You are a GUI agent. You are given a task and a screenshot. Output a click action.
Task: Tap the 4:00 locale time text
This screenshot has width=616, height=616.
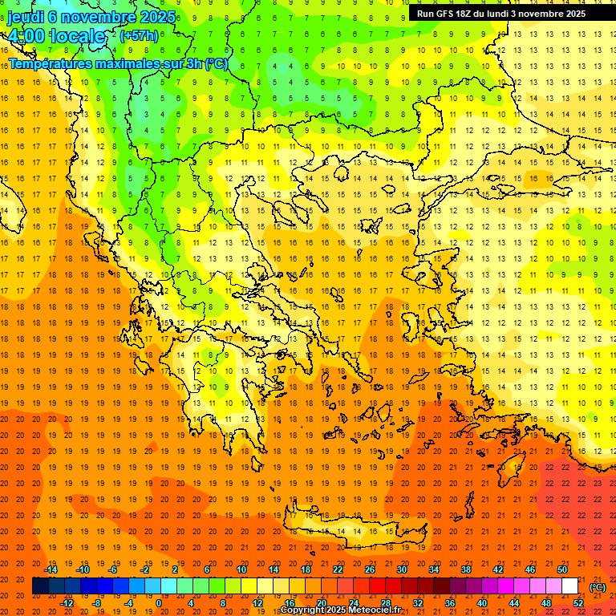click(56, 36)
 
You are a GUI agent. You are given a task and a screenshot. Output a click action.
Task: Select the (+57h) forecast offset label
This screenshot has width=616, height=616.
click(139, 36)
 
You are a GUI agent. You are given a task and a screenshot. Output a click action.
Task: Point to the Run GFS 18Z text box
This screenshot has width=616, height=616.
click(512, 14)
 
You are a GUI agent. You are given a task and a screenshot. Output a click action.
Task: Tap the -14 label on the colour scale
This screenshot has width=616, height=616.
click(51, 569)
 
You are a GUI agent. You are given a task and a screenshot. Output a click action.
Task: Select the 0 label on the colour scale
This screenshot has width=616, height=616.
click(158, 603)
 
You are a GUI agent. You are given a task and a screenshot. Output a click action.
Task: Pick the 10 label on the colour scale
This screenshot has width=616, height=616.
click(241, 569)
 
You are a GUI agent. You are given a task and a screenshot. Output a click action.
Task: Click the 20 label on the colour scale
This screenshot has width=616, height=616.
click(321, 603)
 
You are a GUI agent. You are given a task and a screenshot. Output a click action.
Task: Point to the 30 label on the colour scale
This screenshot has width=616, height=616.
click(401, 569)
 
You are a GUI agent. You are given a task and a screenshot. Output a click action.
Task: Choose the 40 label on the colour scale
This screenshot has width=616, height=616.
click(481, 603)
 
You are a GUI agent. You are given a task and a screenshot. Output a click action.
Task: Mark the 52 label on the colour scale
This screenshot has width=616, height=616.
click(578, 603)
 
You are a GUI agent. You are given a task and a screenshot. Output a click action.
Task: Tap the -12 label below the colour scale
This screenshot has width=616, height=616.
click(67, 603)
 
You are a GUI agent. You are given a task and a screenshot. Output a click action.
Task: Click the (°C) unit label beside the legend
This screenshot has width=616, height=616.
click(598, 587)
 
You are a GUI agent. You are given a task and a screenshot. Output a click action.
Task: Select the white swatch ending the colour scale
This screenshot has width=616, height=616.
click(569, 586)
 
